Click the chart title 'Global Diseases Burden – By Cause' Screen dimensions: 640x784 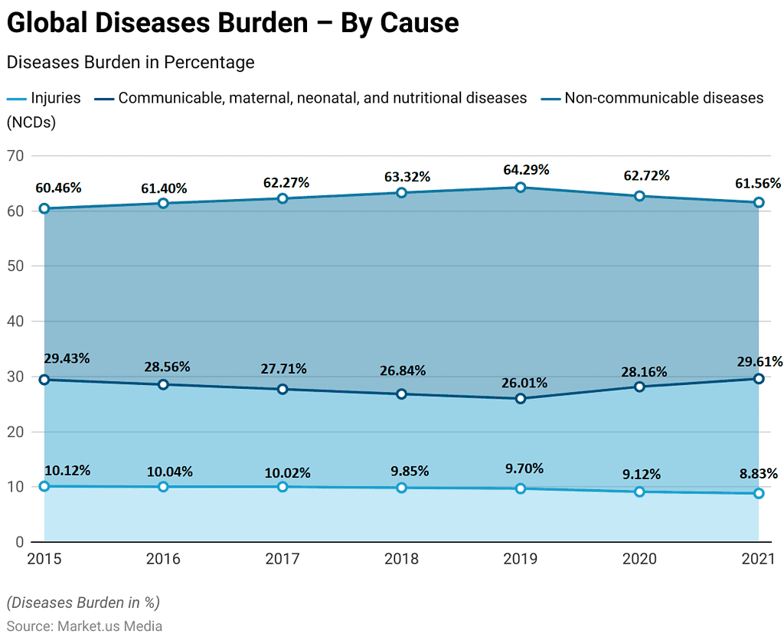(x=233, y=23)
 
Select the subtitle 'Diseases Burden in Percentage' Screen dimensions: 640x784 (x=130, y=63)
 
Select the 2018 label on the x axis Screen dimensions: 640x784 (x=401, y=560)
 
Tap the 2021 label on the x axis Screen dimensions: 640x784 (x=758, y=560)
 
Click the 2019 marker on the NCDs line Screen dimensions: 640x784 (x=521, y=188)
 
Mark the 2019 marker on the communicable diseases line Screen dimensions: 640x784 (x=521, y=399)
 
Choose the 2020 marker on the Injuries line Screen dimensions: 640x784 (x=639, y=491)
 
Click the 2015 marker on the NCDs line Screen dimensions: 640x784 (x=44, y=208)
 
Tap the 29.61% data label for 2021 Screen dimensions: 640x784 (x=758, y=361)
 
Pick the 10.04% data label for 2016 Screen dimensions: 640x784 (x=170, y=472)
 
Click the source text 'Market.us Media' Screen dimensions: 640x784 (x=110, y=625)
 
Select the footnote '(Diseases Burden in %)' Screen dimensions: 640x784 (x=83, y=602)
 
